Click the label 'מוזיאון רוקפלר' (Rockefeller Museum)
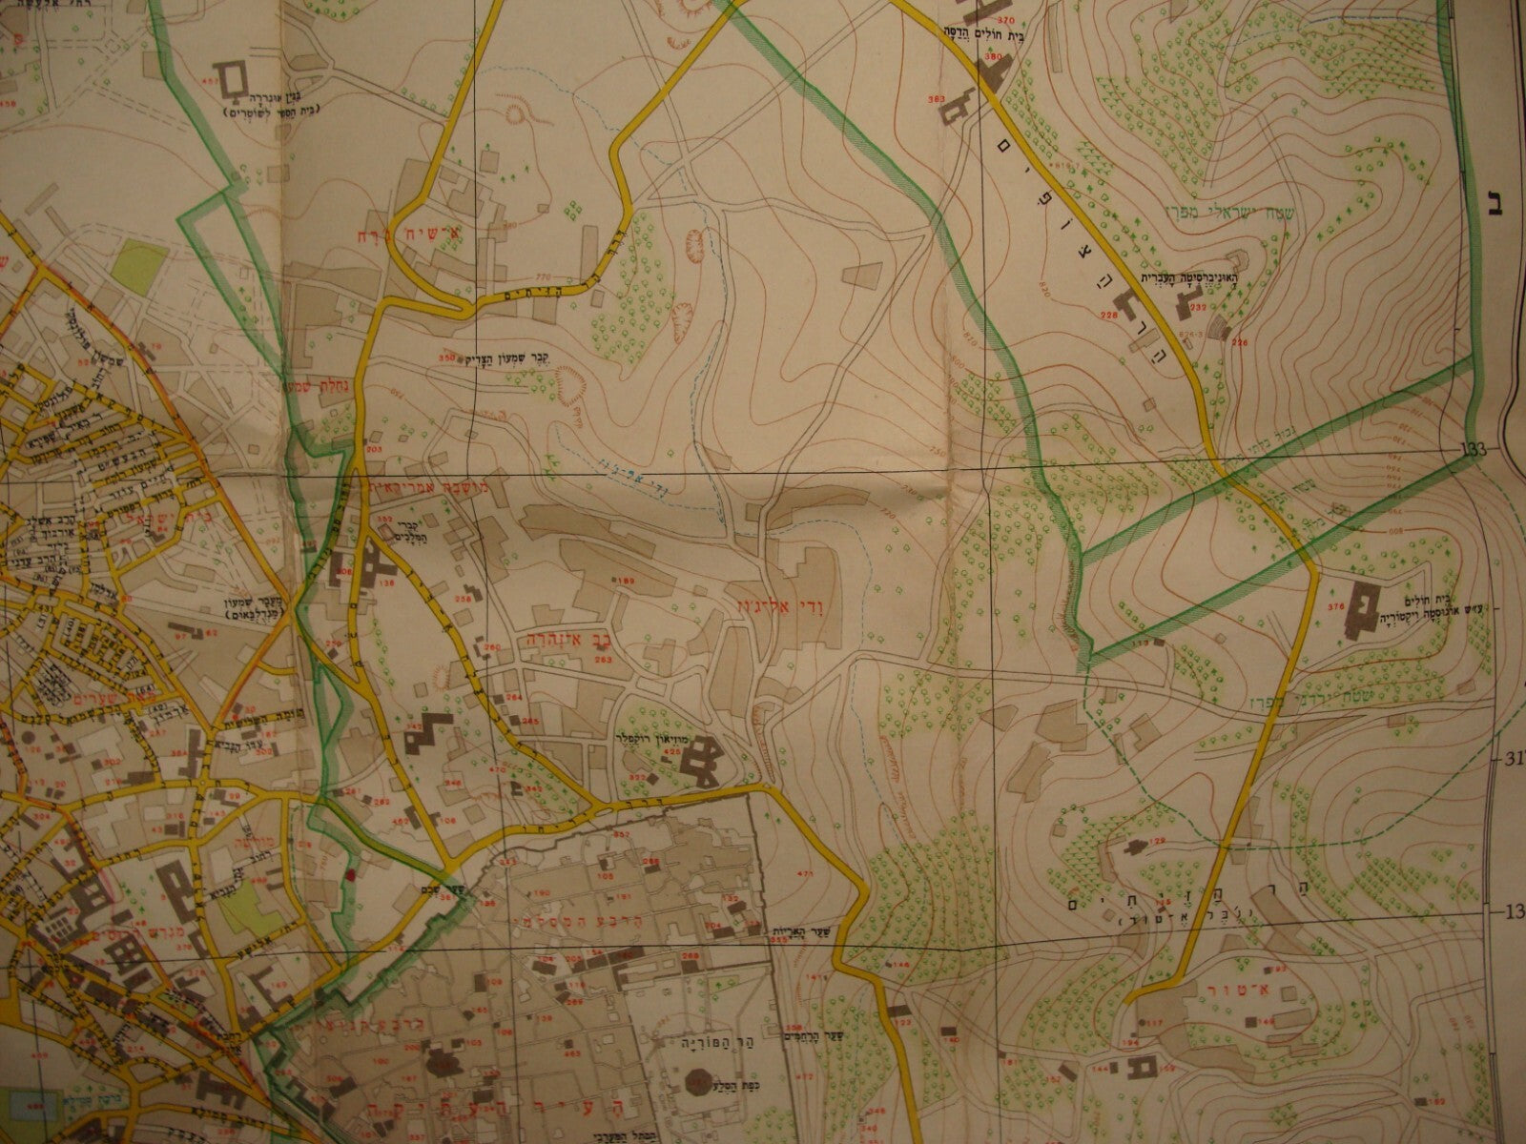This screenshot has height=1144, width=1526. [x=654, y=740]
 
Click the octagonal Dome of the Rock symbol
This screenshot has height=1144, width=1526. [x=697, y=1082]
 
